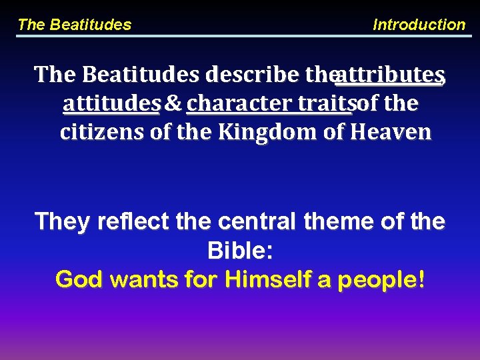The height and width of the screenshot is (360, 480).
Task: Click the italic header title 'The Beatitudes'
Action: pyautogui.click(x=74, y=25)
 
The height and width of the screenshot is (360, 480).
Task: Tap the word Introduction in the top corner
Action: pyautogui.click(x=419, y=25)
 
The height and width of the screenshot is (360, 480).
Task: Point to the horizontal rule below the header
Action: pyautogui.click(x=240, y=36)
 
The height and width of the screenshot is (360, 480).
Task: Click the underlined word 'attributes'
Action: pyautogui.click(x=389, y=75)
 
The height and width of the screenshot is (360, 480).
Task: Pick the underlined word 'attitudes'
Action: pyautogui.click(x=111, y=103)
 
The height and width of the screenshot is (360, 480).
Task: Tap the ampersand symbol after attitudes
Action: pyautogui.click(x=173, y=103)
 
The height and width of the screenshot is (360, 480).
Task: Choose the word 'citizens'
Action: pyautogui.click(x=102, y=132)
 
